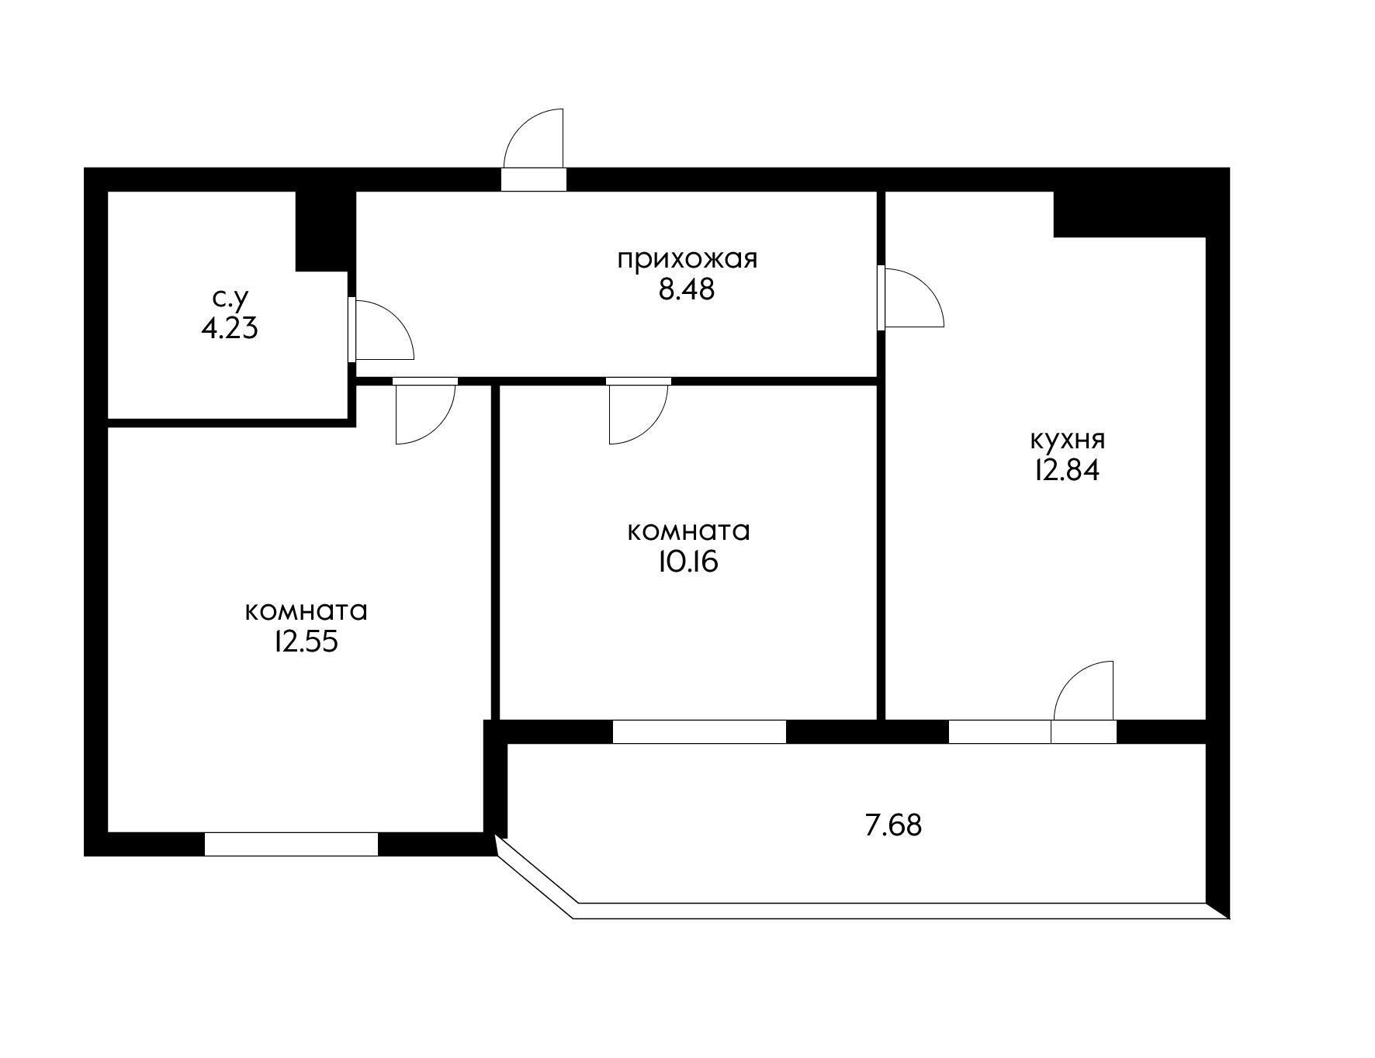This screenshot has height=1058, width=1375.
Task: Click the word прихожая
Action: pos(687,259)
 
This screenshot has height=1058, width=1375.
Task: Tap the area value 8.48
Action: pos(687,290)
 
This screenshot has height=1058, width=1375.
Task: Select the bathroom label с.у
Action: pos(230,298)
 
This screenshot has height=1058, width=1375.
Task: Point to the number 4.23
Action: pos(230,329)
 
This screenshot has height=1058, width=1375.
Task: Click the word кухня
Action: pos(1067,441)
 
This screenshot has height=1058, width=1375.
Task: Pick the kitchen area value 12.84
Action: pos(1067,472)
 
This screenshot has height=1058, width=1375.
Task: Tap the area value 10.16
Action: pos(687,562)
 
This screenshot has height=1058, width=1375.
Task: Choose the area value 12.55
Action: pos(305,642)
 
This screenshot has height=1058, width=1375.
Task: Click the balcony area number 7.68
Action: pos(893,825)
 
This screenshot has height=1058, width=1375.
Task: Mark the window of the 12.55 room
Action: pos(291,844)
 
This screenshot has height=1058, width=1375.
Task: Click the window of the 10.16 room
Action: pos(699,731)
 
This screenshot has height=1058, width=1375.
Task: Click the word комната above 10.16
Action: pos(687,532)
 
